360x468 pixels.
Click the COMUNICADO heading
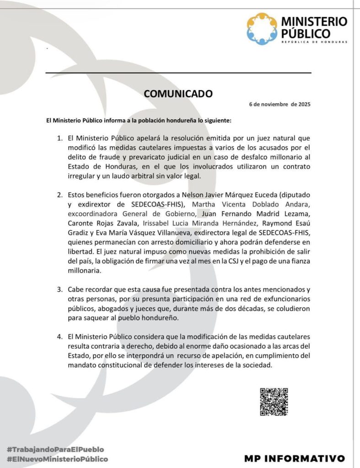click(x=178, y=94)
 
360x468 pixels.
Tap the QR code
click(x=274, y=402)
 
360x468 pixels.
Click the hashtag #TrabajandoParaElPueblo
click(x=55, y=449)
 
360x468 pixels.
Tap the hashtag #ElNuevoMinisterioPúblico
click(x=57, y=459)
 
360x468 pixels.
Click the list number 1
click(x=59, y=137)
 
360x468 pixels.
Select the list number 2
click(x=59, y=195)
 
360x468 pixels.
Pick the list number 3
click(x=59, y=289)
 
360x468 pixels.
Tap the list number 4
click(x=59, y=337)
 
